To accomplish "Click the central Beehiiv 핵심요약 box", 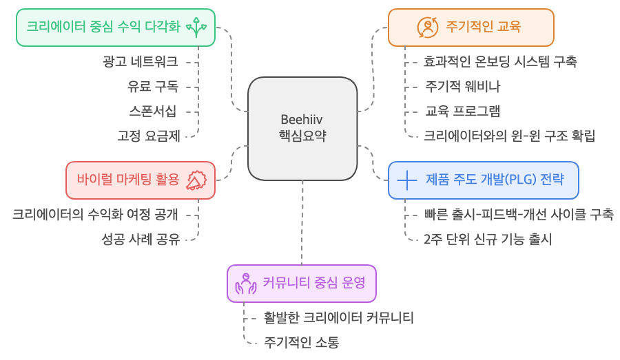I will [302, 128].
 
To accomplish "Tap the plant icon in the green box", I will [196, 28].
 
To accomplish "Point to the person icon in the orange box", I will [428, 28].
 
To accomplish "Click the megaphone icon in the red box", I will [196, 180].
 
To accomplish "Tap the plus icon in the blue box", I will [407, 180].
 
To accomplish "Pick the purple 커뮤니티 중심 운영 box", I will [302, 283].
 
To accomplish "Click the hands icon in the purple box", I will [246, 284].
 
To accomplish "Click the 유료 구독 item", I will [152, 87].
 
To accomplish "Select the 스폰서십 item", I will [152, 111].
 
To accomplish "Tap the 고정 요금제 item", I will [148, 136].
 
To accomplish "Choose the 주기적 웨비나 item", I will [463, 87].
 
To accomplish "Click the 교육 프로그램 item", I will [463, 111].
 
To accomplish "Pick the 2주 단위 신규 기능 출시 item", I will [488, 239].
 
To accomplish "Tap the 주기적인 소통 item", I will [301, 342].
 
